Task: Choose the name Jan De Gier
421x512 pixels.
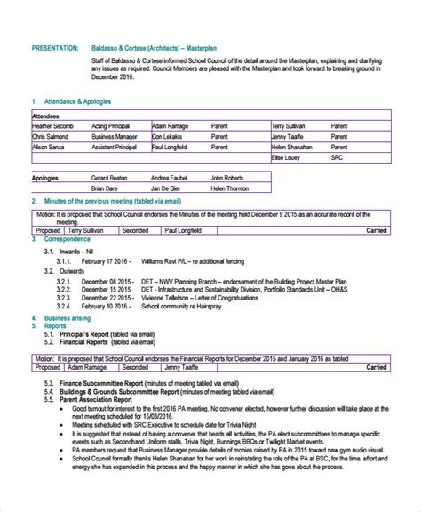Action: (169, 189)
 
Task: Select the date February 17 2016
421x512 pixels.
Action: (106, 261)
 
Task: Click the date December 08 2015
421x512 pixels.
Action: (107, 281)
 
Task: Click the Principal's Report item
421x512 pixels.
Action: (91, 335)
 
